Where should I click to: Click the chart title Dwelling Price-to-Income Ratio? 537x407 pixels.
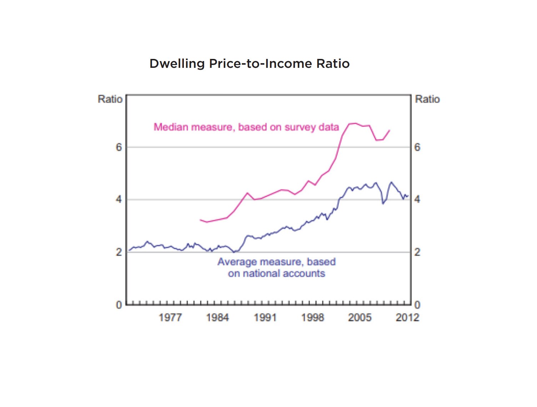pos(249,64)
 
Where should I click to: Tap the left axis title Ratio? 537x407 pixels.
pos(110,99)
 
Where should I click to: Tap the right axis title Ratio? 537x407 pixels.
pos(427,99)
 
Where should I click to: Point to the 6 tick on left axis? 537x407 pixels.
pos(119,147)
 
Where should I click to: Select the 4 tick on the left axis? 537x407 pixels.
pos(119,199)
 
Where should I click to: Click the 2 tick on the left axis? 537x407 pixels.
pos(119,252)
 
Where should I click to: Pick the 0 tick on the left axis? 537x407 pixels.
pos(119,305)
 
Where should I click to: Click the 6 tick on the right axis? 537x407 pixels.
pos(417,147)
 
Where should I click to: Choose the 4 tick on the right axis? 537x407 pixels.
pos(417,199)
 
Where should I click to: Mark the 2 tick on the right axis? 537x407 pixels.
pos(417,252)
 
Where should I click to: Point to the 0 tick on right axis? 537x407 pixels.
pos(417,305)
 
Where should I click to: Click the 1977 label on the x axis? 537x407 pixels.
pos(170,317)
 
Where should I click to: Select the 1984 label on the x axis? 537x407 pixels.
pos(217,317)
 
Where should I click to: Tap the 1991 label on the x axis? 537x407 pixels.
pos(265,317)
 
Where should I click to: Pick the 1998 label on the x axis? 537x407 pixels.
pos(312,317)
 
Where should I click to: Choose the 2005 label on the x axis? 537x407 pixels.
pos(360,317)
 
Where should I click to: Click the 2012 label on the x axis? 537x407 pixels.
pos(407,317)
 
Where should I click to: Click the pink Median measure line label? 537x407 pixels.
pos(246,127)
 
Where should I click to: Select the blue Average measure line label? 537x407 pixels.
pos(277,267)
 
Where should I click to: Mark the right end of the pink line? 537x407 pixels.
pos(390,130)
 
